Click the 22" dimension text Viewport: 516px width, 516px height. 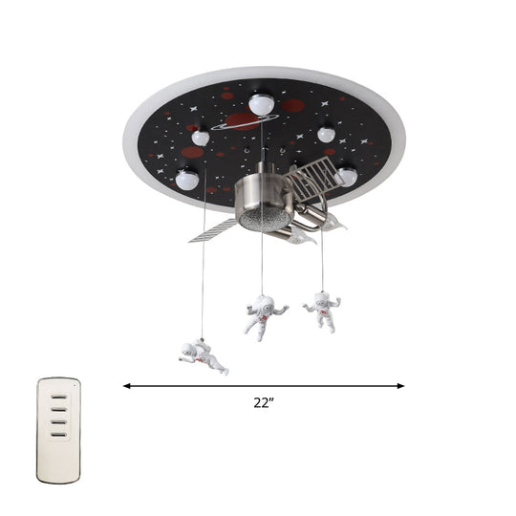click(x=264, y=404)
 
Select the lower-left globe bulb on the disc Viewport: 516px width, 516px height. click(x=188, y=177)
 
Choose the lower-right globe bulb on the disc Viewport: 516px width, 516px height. click(x=346, y=177)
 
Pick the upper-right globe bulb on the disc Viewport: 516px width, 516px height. click(x=327, y=135)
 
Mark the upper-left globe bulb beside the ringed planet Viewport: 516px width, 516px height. click(x=200, y=138)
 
